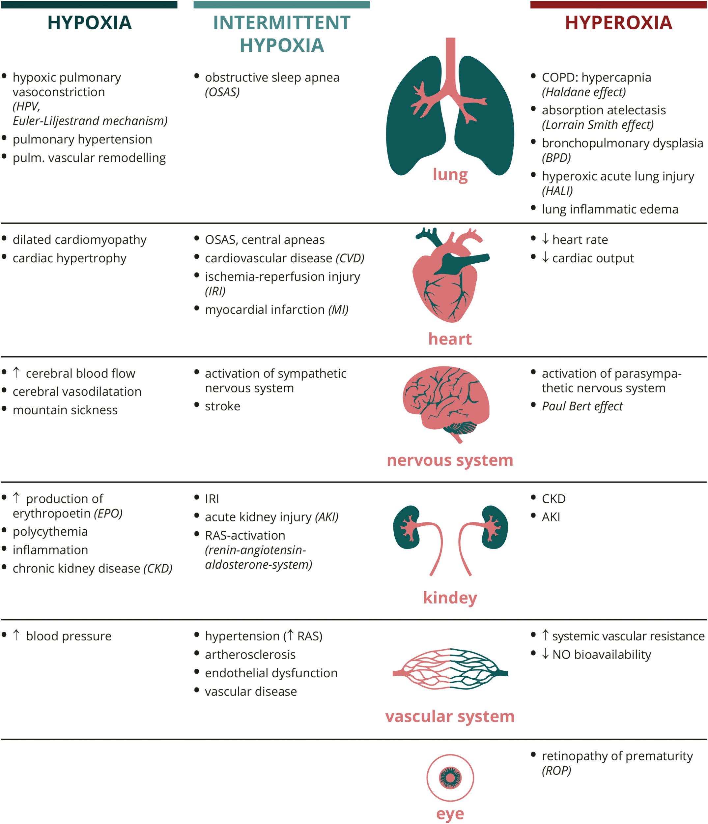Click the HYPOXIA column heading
pyautogui.click(x=89, y=23)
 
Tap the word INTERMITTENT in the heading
pyautogui.click(x=281, y=23)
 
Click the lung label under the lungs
pyautogui.click(x=450, y=174)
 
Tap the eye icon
pyautogui.click(x=450, y=778)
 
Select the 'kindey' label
pyautogui.click(x=450, y=597)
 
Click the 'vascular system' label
pyautogui.click(x=450, y=716)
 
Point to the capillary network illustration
pyautogui.click(x=450, y=673)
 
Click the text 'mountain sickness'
pyautogui.click(x=65, y=410)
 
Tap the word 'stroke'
pyautogui.click(x=223, y=406)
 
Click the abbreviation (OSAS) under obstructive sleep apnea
pyautogui.click(x=222, y=92)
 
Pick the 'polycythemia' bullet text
pyautogui.click(x=50, y=531)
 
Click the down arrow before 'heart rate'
pyautogui.click(x=545, y=239)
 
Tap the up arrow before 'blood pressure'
pyautogui.click(x=16, y=635)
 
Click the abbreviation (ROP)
pyautogui.click(x=556, y=770)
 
